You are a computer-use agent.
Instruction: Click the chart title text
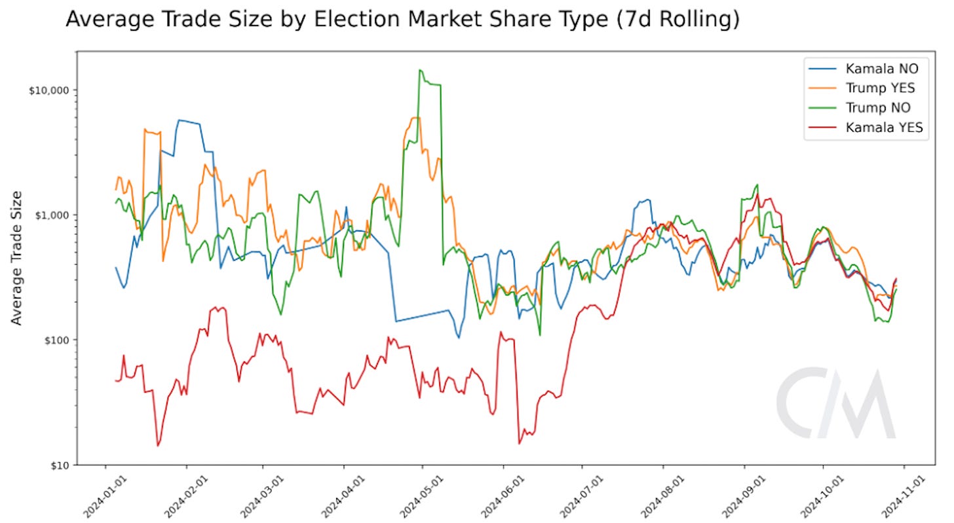point(402,20)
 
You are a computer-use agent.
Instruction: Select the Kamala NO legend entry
point(881,68)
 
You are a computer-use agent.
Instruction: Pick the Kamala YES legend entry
point(884,128)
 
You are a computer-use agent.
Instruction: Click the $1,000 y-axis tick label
point(52,215)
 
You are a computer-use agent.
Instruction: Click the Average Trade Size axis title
point(18,257)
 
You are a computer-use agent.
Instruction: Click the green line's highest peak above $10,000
point(420,70)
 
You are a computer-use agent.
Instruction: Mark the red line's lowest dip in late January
point(158,446)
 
